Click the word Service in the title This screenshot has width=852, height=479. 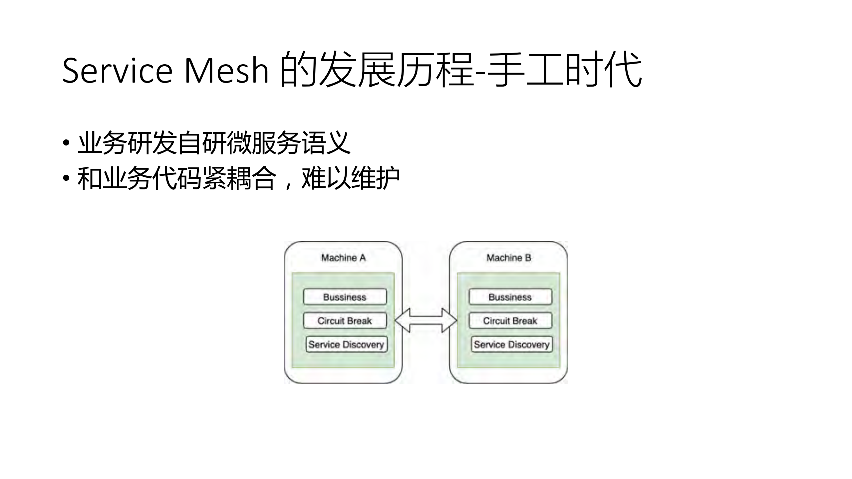[117, 71]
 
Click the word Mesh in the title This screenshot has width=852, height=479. [226, 71]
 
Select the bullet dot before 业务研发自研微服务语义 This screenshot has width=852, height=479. [66, 143]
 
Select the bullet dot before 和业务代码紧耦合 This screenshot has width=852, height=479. [66, 178]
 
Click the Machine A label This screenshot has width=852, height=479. [343, 258]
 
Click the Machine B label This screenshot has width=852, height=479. [508, 258]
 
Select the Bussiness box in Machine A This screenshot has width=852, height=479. [345, 297]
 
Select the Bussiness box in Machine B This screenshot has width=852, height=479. [510, 297]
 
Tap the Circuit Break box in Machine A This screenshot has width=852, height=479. [345, 321]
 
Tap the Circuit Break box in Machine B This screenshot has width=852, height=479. [510, 321]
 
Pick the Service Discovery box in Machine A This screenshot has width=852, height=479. [346, 344]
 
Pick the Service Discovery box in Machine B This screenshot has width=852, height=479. [512, 344]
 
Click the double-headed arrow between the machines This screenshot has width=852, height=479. [426, 320]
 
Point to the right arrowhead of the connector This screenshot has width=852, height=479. [449, 320]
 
